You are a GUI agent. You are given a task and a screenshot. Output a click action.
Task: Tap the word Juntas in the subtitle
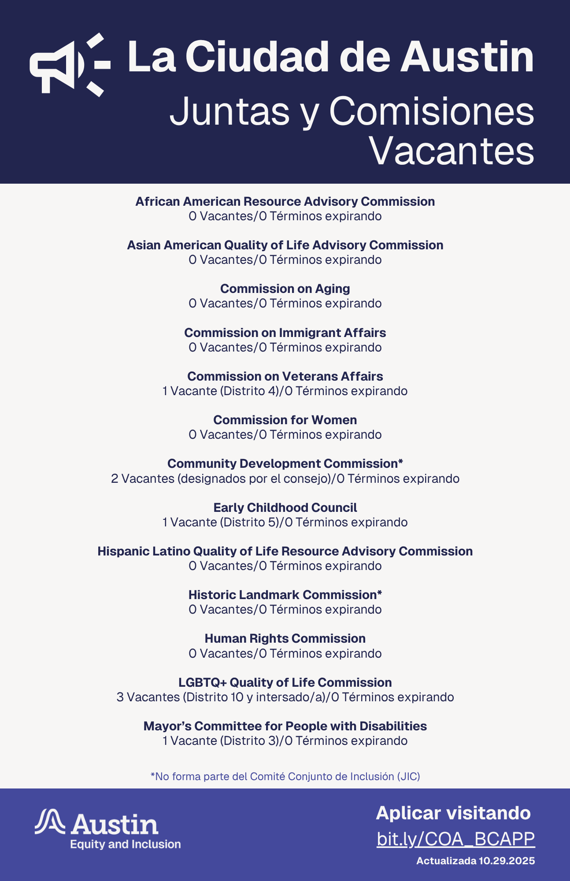(x=229, y=111)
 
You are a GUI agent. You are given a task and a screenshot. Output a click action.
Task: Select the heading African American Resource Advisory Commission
(x=285, y=201)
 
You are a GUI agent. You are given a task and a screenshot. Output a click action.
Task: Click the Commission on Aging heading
(x=285, y=289)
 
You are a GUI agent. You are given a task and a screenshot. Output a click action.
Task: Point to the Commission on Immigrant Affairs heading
(x=285, y=333)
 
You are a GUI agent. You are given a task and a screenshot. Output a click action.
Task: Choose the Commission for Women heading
(x=285, y=420)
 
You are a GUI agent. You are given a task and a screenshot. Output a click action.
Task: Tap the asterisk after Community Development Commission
(x=400, y=462)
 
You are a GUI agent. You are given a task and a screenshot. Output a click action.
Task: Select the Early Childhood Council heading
(x=285, y=507)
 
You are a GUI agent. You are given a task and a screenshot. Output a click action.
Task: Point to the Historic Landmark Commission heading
(x=285, y=595)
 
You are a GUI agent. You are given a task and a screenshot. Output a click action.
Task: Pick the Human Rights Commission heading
(x=285, y=638)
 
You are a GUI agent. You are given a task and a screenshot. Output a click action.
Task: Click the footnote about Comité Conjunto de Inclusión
(x=285, y=776)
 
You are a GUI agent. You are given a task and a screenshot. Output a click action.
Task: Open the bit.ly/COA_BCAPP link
(x=455, y=839)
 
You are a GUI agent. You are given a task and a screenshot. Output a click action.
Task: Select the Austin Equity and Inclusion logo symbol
(x=50, y=822)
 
